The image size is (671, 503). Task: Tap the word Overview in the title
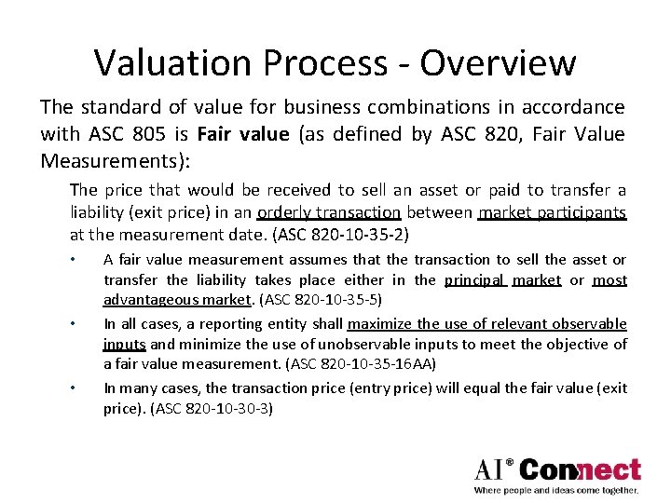(x=498, y=63)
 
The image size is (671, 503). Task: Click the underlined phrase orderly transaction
(x=328, y=211)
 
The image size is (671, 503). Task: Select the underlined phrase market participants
(x=552, y=211)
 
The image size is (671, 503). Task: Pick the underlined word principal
(x=474, y=279)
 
